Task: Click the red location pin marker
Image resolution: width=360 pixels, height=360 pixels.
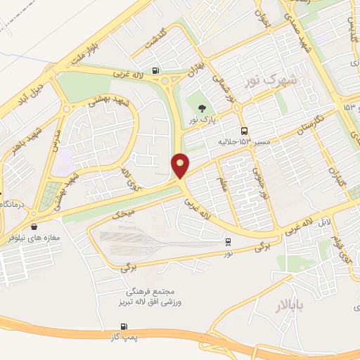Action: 181,166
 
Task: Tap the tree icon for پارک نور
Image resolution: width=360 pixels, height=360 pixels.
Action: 202,109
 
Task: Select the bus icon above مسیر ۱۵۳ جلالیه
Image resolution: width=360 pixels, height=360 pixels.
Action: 244,131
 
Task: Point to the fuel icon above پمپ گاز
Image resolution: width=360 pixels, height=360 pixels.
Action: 124,326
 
